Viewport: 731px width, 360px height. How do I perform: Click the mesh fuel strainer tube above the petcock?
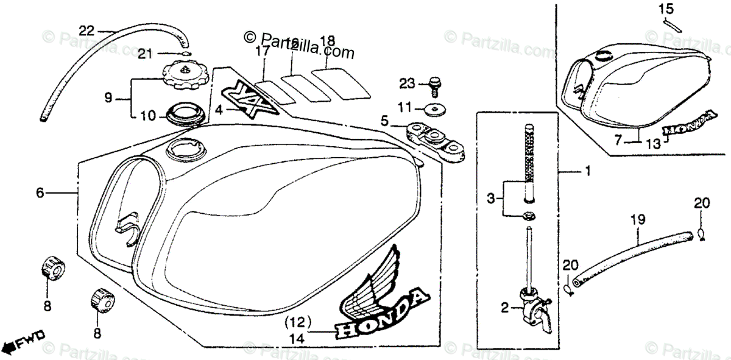pos(529,155)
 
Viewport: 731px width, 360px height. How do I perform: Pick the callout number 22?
pos(87,29)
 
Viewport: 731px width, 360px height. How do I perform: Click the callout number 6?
pos(40,193)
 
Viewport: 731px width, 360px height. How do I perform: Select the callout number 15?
pos(666,9)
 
